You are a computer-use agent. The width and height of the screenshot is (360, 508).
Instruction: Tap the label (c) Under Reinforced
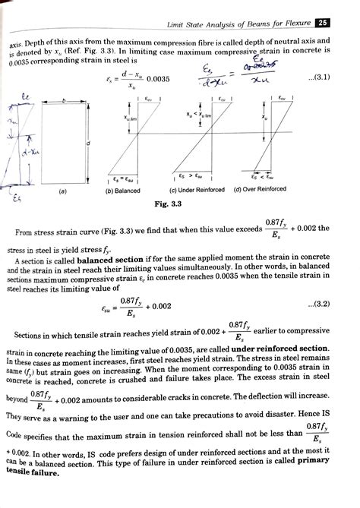tap(196, 189)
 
